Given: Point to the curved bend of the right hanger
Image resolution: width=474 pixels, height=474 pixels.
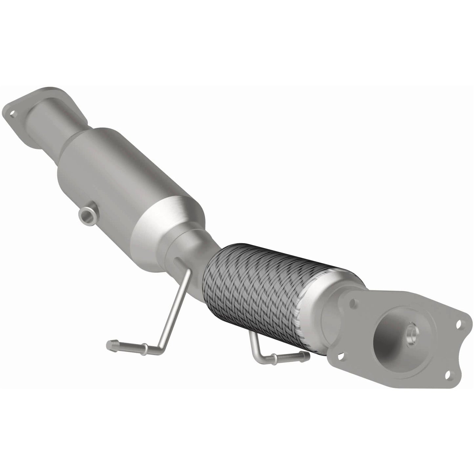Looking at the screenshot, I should tap(258, 353).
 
